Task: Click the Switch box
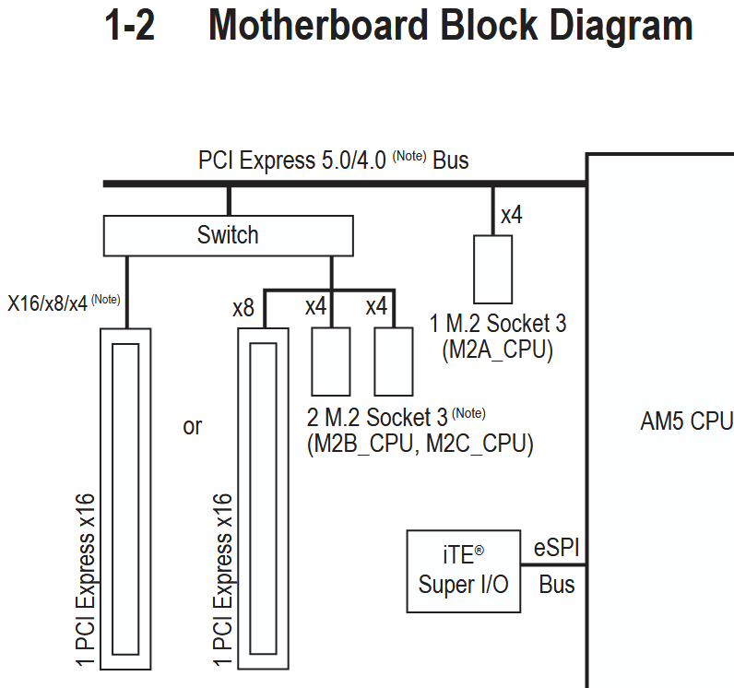[x=228, y=235]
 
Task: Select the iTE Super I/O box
[x=464, y=571]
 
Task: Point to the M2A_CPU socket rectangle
[x=492, y=268]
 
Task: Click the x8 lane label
[x=243, y=308]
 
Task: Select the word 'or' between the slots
[x=192, y=427]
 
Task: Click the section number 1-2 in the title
[x=131, y=27]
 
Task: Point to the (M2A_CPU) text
[x=497, y=350]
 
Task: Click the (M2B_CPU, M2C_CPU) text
[x=420, y=444]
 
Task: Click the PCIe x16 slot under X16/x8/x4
[x=125, y=498]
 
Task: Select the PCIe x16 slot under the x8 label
[x=264, y=498]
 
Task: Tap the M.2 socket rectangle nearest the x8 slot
[x=331, y=361]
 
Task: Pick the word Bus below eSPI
[x=557, y=584]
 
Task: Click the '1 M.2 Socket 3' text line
[x=497, y=325]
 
